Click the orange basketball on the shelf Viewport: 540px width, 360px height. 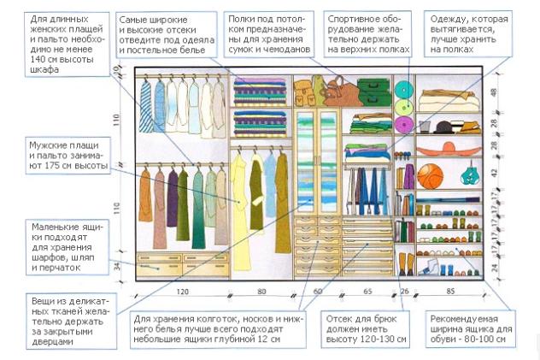coord(430,176)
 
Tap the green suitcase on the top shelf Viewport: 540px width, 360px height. coord(374,91)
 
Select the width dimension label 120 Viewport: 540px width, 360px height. coord(183,292)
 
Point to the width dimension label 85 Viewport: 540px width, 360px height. coord(450,292)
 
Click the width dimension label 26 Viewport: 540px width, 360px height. coord(404,292)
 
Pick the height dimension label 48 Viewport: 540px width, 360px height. coord(494,92)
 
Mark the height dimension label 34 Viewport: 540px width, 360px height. coord(117,266)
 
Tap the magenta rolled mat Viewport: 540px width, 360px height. coord(404,124)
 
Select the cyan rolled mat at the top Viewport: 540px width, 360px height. coord(404,90)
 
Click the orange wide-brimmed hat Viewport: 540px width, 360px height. coord(449,149)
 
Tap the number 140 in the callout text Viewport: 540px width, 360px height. coord(38,59)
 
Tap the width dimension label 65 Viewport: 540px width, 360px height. coord(367,292)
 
